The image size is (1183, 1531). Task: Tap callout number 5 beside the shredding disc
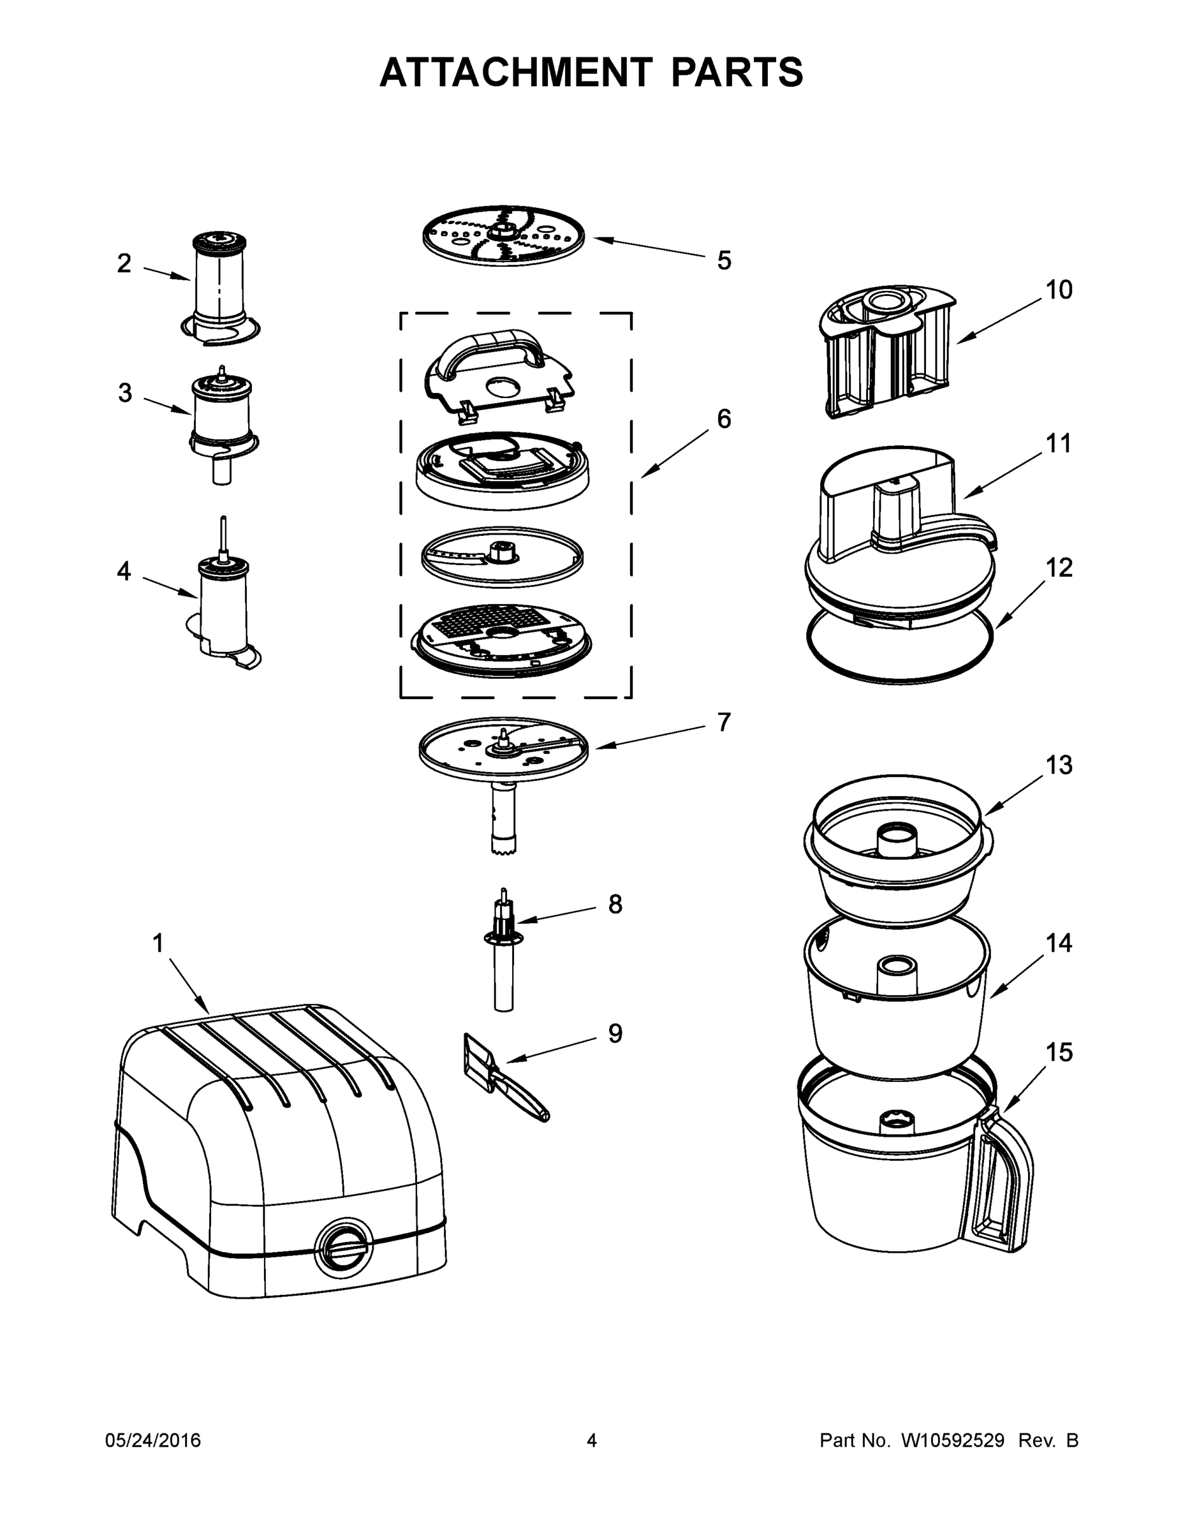click(724, 260)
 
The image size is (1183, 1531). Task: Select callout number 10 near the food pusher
click(1059, 290)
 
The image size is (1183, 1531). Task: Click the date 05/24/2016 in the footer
click(153, 1440)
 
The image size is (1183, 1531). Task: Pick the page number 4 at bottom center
click(592, 1440)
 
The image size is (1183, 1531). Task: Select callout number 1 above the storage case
click(158, 943)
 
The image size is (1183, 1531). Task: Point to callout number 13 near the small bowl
click(1059, 765)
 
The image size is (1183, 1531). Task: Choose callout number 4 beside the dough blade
click(124, 572)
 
